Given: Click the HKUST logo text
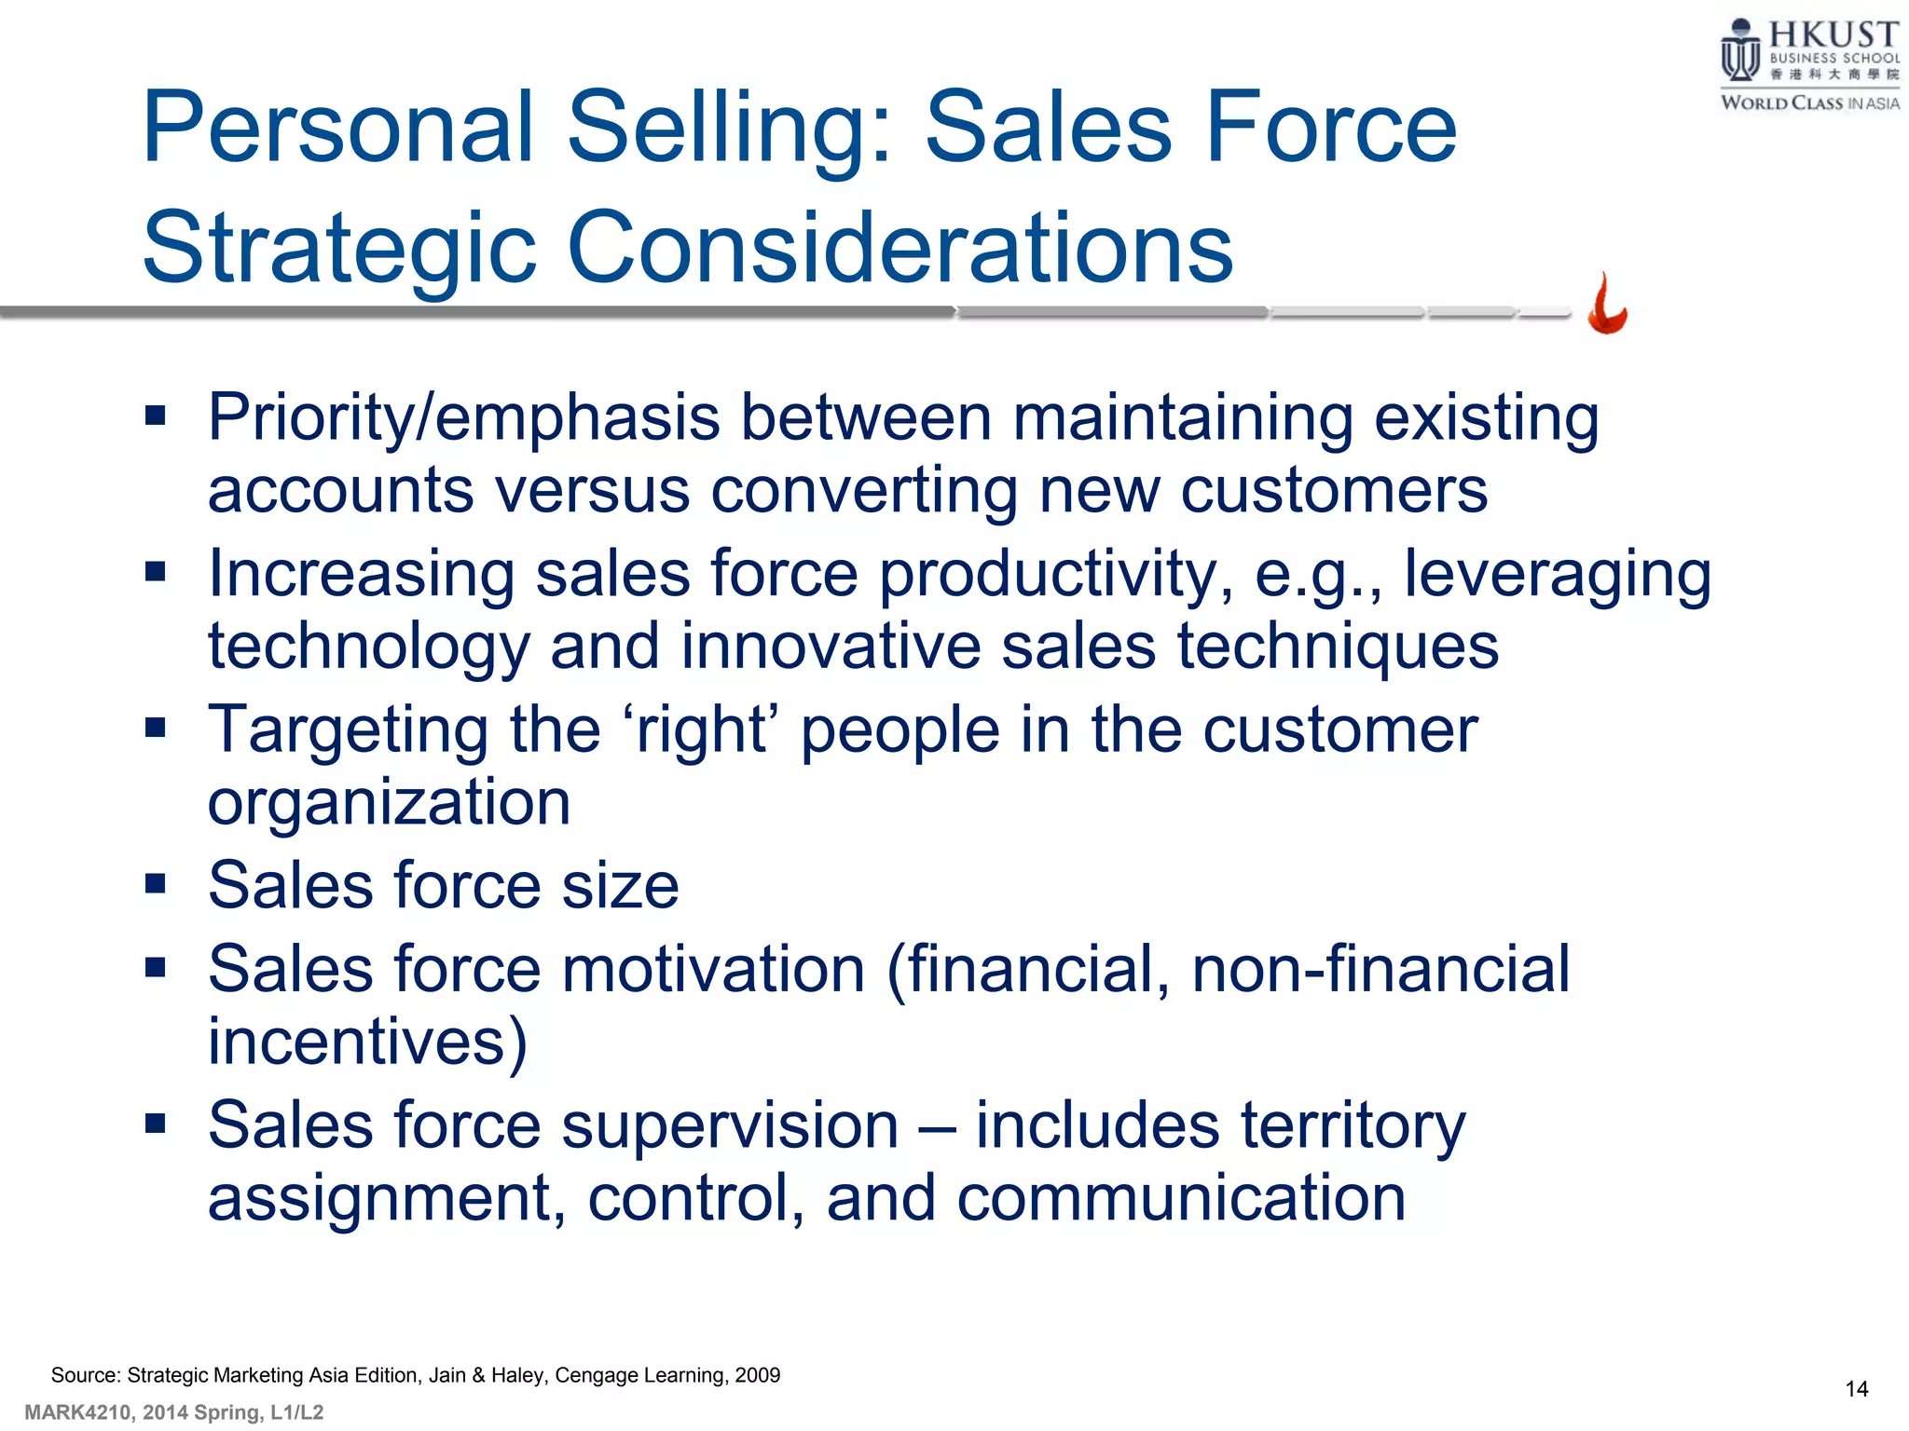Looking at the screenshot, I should point(1833,35).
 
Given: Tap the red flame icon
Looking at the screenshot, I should point(1608,305).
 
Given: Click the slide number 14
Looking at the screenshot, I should point(1856,1389).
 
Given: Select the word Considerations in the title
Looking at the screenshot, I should point(900,247).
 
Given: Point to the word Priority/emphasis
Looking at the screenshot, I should point(463,418).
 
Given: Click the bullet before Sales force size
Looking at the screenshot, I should point(155,882).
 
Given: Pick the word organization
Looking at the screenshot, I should point(388,803).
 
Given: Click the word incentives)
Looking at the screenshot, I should point(367,1042).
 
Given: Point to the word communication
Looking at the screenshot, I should point(1181,1198).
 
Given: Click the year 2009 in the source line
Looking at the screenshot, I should point(757,1375).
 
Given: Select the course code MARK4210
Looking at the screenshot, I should point(78,1412).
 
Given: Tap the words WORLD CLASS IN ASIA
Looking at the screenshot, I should point(1809,102).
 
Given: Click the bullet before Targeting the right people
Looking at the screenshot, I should point(155,727).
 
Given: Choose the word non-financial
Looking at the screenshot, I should point(1380,969).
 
